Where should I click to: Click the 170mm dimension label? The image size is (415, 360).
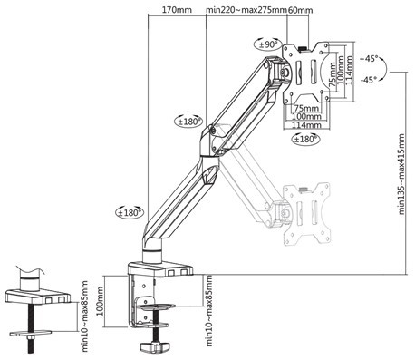[x=177, y=10]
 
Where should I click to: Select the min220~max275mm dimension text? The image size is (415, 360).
[x=246, y=10]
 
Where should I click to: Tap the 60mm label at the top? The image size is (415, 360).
[x=300, y=10]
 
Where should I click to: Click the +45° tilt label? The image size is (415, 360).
[x=369, y=59]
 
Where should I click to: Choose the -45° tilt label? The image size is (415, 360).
[x=369, y=80]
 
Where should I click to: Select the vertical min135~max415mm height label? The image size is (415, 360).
[x=401, y=174]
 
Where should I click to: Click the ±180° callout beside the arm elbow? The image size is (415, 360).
[x=189, y=122]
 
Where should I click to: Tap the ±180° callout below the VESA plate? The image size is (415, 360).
[x=305, y=139]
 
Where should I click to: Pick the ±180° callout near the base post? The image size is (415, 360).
[x=130, y=212]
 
